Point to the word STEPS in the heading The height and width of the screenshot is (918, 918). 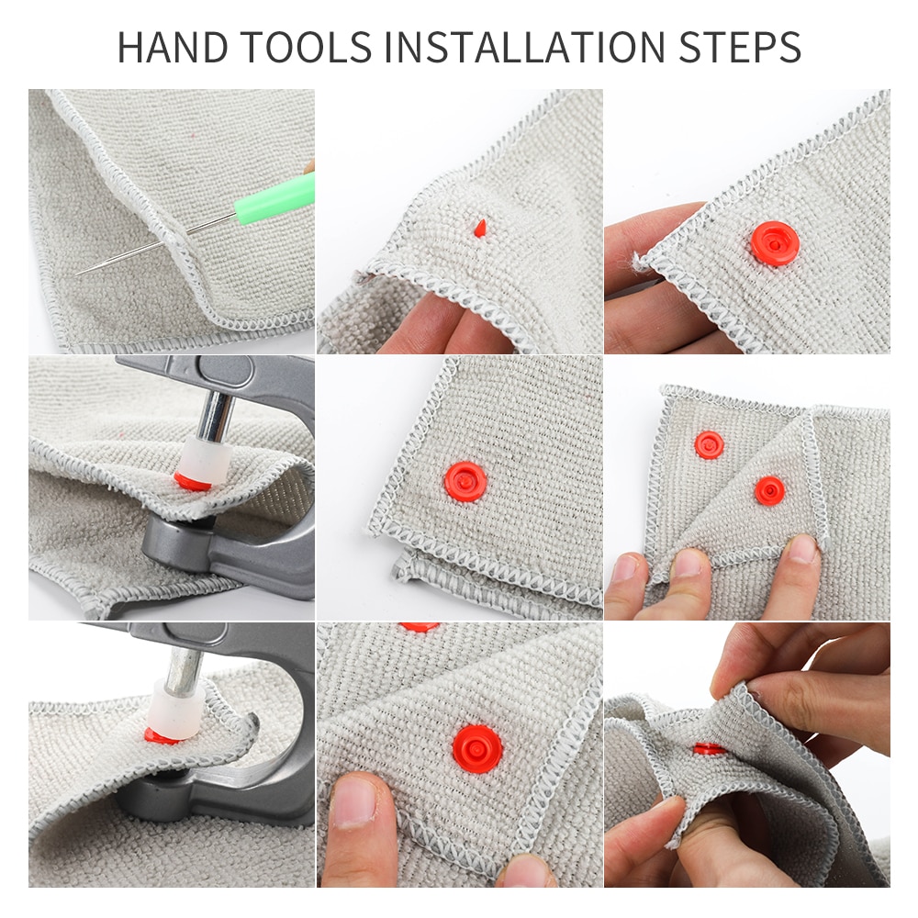[x=743, y=48]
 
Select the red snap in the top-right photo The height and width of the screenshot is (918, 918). [x=774, y=243]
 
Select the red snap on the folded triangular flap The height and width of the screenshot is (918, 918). [x=769, y=490]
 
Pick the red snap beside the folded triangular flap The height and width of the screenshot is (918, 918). [x=709, y=444]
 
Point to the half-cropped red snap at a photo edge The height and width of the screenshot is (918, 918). [x=420, y=627]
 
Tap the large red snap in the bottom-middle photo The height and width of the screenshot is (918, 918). [x=477, y=748]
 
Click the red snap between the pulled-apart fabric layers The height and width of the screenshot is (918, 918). [x=710, y=749]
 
